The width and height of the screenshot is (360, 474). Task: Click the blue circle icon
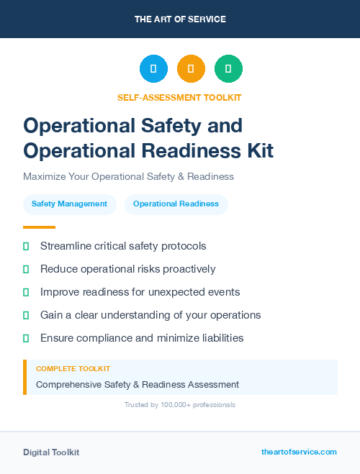pos(153,69)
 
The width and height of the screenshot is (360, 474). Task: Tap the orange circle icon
pos(191,69)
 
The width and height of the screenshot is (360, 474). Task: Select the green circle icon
pos(228,69)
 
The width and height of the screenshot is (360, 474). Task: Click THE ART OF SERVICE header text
pos(180,19)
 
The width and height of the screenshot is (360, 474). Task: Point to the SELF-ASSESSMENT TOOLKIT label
pos(180,97)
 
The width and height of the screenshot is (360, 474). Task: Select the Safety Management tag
pos(69,204)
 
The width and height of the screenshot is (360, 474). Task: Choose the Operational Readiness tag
pos(176,204)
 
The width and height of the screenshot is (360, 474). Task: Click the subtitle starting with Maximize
pos(128,176)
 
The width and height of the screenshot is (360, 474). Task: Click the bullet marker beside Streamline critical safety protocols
pos(26,247)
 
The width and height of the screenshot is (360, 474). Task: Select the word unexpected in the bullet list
pos(181,292)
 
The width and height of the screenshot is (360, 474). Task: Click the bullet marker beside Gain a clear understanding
pos(26,315)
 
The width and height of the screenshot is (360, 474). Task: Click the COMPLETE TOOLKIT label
pos(73,368)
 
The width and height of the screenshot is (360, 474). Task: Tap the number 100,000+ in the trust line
pos(170,405)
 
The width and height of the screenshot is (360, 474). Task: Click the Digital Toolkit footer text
pos(51,452)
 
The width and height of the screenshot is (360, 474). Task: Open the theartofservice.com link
pos(299,452)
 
